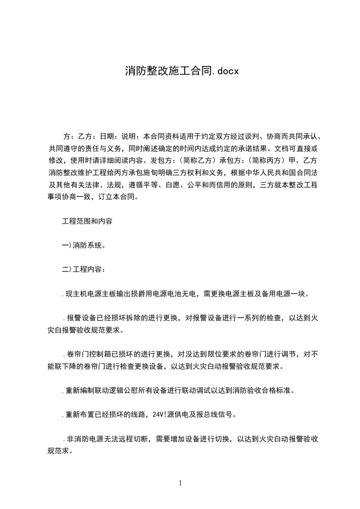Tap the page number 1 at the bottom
tap(180, 483)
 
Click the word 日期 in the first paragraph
tap(107, 136)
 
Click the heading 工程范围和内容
tap(87, 222)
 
